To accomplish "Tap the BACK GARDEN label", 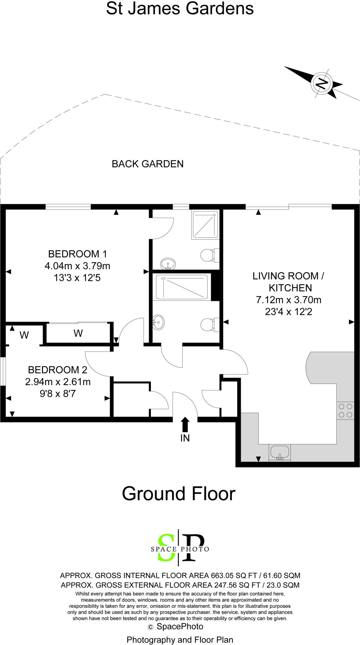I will pos(147,164).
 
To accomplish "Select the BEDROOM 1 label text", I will pos(77,254).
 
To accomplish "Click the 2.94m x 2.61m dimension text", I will pos(58,382).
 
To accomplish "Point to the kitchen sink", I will pos(279,452).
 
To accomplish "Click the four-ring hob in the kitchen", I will pos(345,411).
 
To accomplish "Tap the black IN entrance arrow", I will pos(185,424).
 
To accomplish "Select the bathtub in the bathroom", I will pos(182,287).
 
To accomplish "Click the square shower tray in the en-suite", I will pos(205,224).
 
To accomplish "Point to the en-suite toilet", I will pos(209,255).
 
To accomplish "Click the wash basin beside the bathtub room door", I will pos(158,322).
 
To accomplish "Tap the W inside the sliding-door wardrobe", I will pos(78,333).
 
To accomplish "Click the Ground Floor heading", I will pos(179,494).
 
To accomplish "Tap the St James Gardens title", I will pos(180,9).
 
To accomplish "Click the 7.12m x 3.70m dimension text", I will pos(289,300).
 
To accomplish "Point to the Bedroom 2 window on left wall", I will pos(3,371).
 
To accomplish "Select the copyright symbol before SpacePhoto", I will pos(151,627).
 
